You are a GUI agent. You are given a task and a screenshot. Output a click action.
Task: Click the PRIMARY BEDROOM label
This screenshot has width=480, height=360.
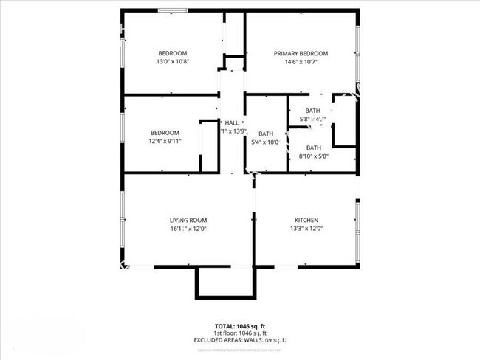tap(301, 53)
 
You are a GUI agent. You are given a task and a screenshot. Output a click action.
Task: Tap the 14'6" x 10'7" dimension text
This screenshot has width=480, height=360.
tap(301, 62)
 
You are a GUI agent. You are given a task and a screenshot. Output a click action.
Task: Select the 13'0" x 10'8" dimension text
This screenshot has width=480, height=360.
tap(172, 62)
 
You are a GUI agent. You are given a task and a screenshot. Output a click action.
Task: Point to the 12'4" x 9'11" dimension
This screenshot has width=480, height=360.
tap(165, 142)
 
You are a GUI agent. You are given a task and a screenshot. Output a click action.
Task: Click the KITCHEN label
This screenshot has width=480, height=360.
tap(306, 221)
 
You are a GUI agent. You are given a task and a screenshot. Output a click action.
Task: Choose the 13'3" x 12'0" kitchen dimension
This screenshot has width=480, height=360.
tap(306, 229)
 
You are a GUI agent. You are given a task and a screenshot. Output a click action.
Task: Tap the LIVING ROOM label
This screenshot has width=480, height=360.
tap(188, 221)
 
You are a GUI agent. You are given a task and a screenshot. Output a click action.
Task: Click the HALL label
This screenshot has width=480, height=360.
tap(232, 122)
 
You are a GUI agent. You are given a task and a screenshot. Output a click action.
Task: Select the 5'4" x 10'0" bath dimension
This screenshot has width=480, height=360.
tap(265, 142)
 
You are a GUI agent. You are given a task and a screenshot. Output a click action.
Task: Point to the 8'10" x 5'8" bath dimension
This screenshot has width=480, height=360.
tap(313, 156)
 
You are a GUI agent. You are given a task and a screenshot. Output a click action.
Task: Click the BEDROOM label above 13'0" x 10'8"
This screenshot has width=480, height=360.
tap(173, 53)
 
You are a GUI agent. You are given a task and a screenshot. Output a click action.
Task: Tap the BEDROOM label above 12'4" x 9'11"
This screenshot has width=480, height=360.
tap(165, 133)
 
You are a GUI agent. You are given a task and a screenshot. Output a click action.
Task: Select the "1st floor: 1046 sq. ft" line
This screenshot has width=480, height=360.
tap(240, 333)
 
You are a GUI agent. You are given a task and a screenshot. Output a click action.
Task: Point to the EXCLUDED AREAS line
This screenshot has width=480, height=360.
tap(240, 342)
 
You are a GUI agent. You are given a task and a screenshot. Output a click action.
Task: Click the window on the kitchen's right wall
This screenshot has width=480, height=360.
tap(358, 228)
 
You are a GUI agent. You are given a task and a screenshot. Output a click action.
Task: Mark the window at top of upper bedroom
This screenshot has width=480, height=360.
tap(171, 10)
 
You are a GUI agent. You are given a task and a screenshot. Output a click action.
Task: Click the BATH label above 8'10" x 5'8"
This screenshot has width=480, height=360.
tap(313, 148)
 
